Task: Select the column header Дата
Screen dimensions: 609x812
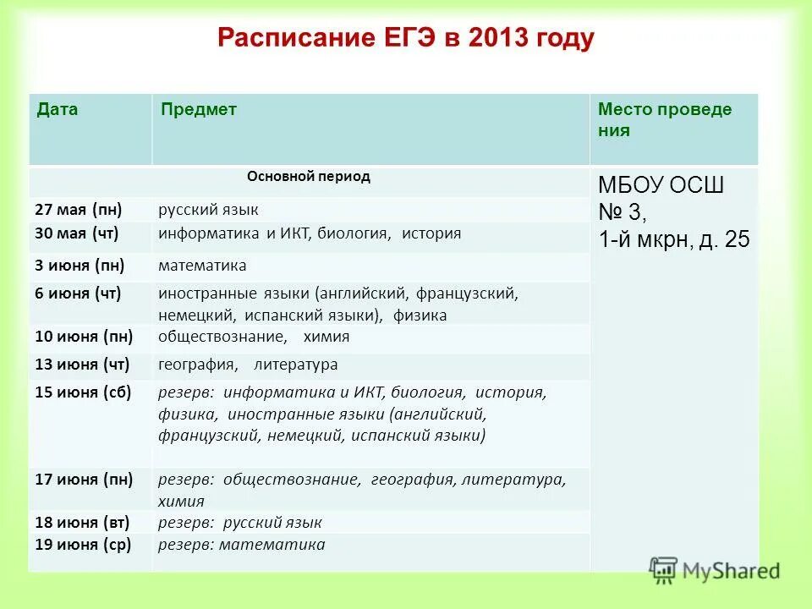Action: coord(57,110)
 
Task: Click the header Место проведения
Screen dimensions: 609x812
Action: coord(664,119)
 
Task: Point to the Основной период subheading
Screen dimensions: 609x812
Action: coord(308,177)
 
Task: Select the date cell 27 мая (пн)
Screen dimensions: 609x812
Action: coord(78,209)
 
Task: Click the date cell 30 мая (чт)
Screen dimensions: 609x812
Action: coord(76,233)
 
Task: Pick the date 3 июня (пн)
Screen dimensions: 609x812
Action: coord(80,266)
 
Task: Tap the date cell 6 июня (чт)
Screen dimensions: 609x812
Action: coord(78,293)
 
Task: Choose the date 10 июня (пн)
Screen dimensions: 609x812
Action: coord(83,337)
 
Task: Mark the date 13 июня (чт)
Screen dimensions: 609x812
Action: coord(81,365)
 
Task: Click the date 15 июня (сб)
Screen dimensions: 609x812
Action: coord(82,392)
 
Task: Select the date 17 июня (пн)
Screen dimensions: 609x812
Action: coord(83,480)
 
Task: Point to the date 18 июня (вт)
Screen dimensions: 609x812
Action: coord(82,522)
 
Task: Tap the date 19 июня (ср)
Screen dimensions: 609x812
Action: coord(82,545)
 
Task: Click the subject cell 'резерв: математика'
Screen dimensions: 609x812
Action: coord(241,545)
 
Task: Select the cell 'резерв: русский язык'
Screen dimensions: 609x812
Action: coord(239,523)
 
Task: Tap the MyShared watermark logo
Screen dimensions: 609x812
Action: coord(714,571)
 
